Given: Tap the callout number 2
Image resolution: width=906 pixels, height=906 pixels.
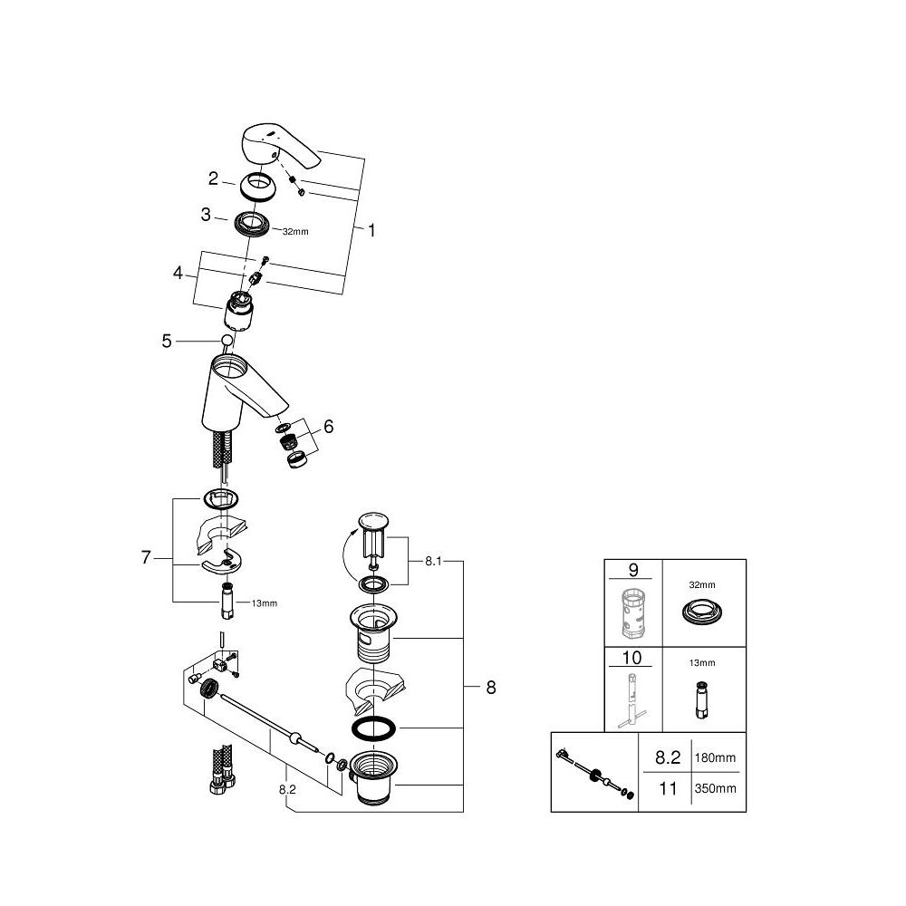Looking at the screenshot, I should [213, 178].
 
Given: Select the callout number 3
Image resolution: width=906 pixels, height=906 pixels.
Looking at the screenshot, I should [207, 215].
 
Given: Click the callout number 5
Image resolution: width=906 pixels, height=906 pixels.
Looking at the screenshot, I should [166, 341].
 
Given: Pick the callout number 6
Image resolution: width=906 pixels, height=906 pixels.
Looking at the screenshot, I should [328, 426].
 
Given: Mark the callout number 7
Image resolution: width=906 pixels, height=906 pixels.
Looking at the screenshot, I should [146, 558].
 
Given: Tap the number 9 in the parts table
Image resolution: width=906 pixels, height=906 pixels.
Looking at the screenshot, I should [632, 571].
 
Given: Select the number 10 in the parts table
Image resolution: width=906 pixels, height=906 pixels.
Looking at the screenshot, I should [632, 657].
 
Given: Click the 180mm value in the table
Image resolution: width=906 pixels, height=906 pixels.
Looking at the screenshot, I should [715, 757].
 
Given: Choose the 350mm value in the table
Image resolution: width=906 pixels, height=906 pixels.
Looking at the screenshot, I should [715, 789].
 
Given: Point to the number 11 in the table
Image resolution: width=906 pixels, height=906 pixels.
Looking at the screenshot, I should [667, 788].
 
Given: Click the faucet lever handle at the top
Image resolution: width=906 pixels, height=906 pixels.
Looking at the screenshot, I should [275, 149].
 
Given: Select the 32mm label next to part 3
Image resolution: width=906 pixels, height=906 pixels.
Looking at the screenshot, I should [295, 232].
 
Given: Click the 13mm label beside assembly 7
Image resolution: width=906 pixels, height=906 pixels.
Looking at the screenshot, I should [264, 602].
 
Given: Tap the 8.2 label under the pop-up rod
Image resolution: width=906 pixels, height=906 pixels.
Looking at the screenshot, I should [288, 790].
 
